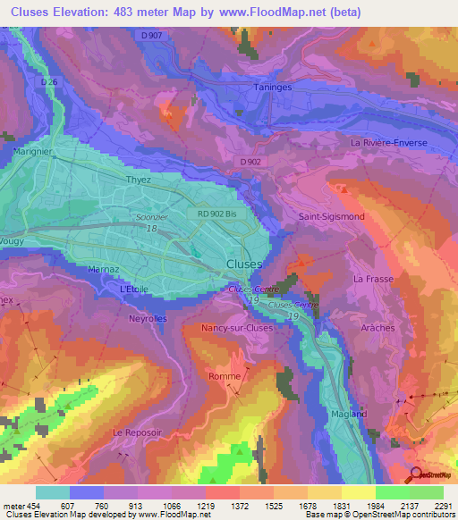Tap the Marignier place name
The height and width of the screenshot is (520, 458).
[x=30, y=151]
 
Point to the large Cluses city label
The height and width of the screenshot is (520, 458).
[x=244, y=264]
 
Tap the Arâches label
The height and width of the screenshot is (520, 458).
[x=377, y=328]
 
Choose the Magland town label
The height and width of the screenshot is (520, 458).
[x=349, y=414]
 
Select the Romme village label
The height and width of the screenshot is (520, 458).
[x=225, y=376]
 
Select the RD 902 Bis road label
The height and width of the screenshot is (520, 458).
[x=219, y=214]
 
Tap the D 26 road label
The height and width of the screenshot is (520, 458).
[x=49, y=81]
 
